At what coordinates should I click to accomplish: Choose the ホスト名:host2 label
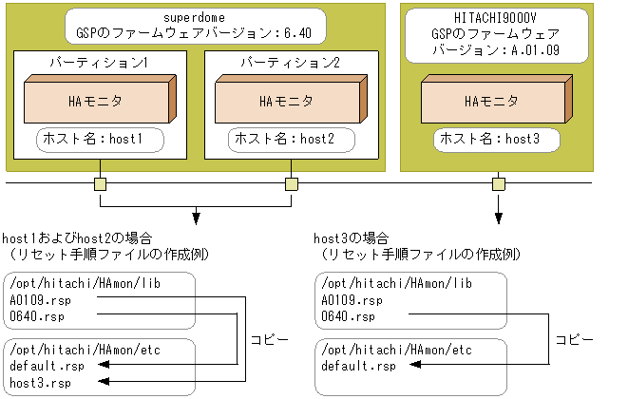[291, 140]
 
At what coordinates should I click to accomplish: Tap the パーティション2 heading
[291, 63]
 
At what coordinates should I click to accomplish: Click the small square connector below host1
[100, 183]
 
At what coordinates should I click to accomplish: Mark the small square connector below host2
[291, 183]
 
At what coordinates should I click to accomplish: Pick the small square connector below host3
[496, 183]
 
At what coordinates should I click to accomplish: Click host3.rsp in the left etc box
[39, 382]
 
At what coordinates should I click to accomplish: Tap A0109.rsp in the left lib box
[39, 299]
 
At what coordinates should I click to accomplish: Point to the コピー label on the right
[575, 338]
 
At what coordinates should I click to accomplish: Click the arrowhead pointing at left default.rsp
[106, 366]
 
